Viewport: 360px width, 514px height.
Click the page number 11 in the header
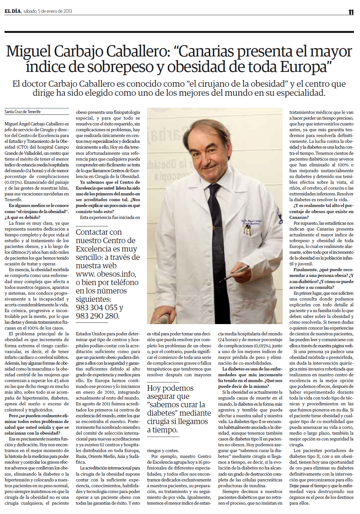coord(351,12)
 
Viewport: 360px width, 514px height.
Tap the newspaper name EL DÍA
coord(13,11)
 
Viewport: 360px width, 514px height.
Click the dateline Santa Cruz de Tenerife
coord(23,112)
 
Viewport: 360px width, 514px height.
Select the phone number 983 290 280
coord(97,316)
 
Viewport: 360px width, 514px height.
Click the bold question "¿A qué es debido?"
coord(20,217)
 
